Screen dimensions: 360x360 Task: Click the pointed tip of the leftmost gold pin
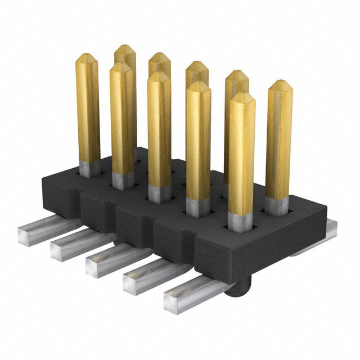(86, 57)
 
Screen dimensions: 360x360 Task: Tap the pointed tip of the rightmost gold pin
(280, 85)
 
